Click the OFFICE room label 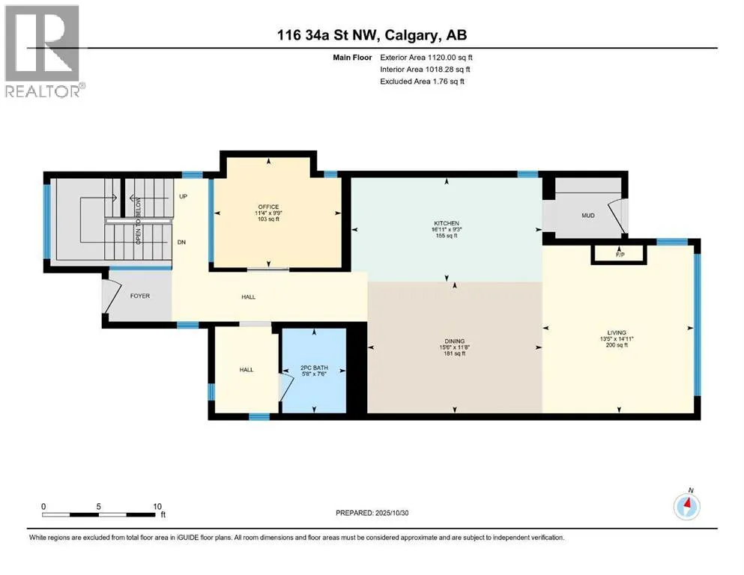tap(268, 207)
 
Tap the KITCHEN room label tap(447, 223)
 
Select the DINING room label tap(455, 341)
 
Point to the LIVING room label tap(617, 332)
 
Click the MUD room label tap(588, 216)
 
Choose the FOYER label tap(140, 296)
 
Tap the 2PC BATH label tap(314, 368)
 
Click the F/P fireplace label tap(620, 255)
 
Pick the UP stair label tap(183, 196)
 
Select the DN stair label tap(182, 243)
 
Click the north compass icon tap(687, 505)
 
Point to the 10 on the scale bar tap(157, 506)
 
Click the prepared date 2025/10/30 tap(392, 513)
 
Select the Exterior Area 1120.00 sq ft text tap(426, 58)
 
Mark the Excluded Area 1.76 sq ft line tap(423, 81)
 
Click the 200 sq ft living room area tap(617, 345)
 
